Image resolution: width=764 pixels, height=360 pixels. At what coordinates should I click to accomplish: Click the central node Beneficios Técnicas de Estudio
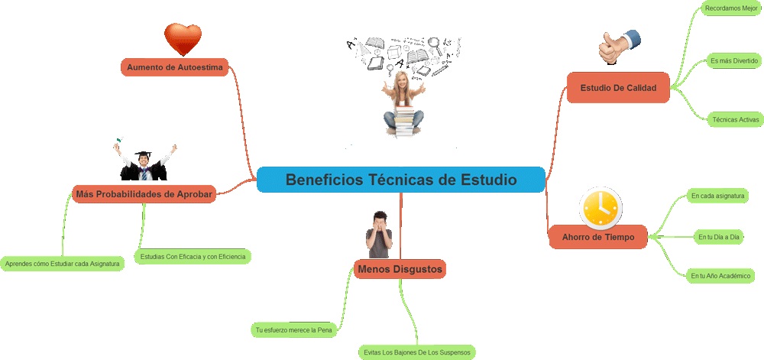[400, 180]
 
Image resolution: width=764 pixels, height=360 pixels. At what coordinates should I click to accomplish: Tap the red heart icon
[183, 39]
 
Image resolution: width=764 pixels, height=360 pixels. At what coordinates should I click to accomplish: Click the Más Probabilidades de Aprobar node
[144, 193]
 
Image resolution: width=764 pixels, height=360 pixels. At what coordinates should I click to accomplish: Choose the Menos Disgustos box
[400, 269]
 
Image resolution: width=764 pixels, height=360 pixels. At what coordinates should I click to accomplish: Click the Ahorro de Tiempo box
[597, 237]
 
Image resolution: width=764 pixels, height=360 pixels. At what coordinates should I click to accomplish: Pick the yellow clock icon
[601, 207]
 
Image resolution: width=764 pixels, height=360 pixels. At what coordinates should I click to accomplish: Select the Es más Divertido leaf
[733, 60]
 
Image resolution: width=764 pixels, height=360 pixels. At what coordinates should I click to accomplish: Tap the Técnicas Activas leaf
[735, 120]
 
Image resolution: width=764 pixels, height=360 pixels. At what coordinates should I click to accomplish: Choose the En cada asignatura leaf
[717, 196]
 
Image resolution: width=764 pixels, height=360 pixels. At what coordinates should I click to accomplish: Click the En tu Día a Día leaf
[719, 238]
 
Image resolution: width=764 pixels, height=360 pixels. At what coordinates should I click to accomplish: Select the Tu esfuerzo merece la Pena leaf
[298, 330]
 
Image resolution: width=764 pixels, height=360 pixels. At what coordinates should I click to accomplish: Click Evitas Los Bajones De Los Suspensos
[417, 352]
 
